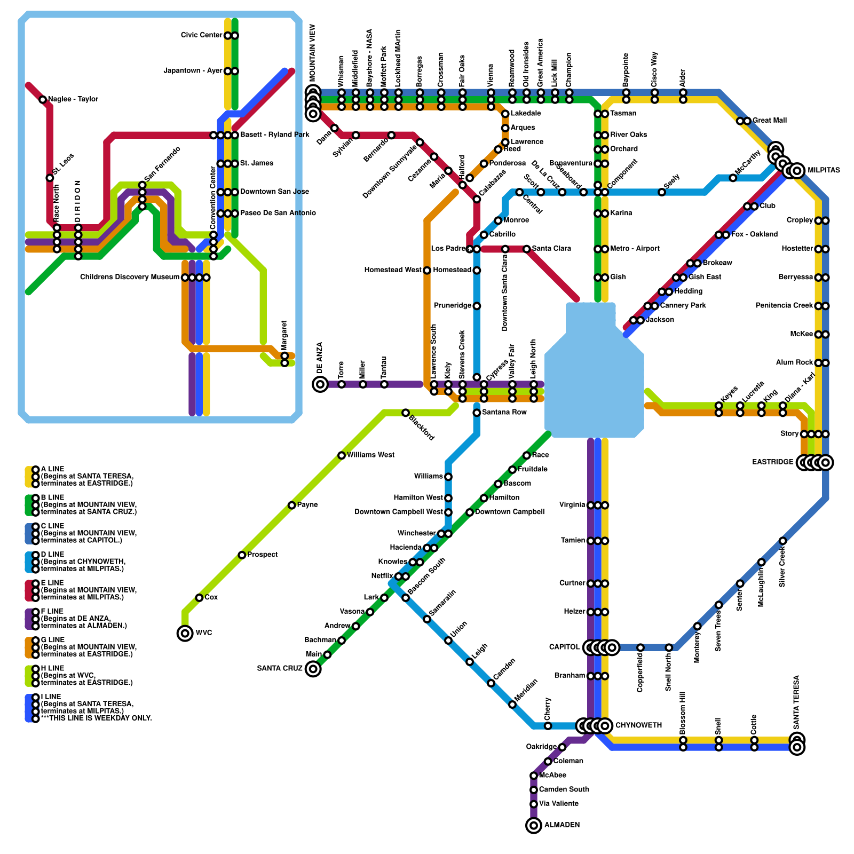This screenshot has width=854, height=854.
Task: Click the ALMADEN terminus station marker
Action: tap(534, 825)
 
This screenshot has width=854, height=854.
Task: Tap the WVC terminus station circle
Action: tap(185, 633)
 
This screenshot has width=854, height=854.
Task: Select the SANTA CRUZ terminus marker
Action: tap(313, 669)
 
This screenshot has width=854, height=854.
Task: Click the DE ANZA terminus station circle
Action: tap(320, 384)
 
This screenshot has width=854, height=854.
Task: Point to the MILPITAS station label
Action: tap(824, 171)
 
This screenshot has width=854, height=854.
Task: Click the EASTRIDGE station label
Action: tap(772, 462)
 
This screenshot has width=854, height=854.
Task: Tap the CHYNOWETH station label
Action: tap(638, 726)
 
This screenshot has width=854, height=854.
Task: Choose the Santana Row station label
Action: tap(504, 413)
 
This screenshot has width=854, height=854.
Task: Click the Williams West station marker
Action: tap(342, 455)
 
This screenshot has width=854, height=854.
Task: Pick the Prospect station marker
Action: tap(242, 555)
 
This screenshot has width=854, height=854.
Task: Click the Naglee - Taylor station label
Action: tap(73, 99)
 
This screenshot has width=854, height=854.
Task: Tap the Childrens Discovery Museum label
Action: tap(130, 278)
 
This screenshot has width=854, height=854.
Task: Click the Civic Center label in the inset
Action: tap(201, 36)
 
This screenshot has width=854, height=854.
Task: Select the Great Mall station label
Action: tap(769, 121)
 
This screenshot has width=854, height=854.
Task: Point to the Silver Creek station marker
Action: tap(782, 541)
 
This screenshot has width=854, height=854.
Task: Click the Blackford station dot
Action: tap(406, 413)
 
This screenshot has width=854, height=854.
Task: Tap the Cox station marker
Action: tap(199, 598)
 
